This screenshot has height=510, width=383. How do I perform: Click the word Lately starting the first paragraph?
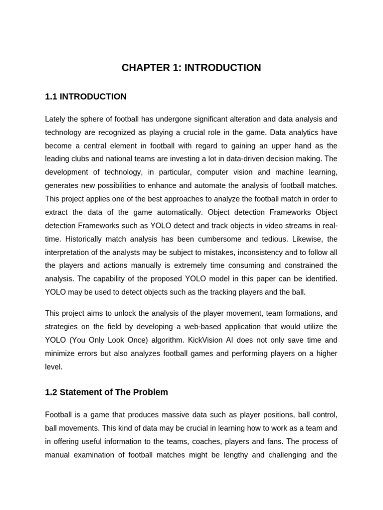pos(55,119)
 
